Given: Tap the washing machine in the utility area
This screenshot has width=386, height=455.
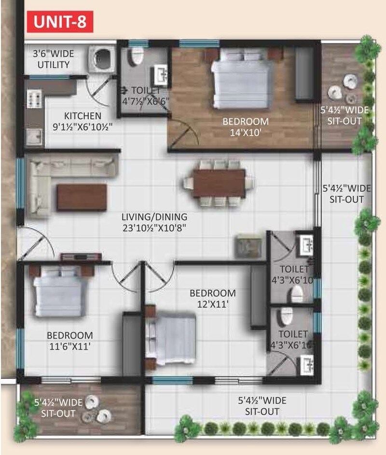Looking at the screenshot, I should [102, 59].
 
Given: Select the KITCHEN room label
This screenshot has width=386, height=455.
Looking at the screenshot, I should [83, 116].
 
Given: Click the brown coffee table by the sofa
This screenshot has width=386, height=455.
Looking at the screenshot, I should [82, 197].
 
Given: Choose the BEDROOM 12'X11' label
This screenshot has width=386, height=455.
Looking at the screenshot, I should [212, 298].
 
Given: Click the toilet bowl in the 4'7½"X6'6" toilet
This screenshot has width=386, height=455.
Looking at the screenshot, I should [136, 56].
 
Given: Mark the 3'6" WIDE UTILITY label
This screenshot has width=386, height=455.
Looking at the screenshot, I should [54, 59].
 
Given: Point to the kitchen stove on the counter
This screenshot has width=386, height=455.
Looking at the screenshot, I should [34, 99].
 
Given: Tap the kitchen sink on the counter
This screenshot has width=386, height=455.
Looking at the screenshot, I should [33, 137].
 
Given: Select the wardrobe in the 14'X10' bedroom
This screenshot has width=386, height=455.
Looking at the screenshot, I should [304, 75].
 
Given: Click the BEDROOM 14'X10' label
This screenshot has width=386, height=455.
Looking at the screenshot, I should [245, 126].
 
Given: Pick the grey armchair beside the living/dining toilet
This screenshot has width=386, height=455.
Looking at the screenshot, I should [248, 246].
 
